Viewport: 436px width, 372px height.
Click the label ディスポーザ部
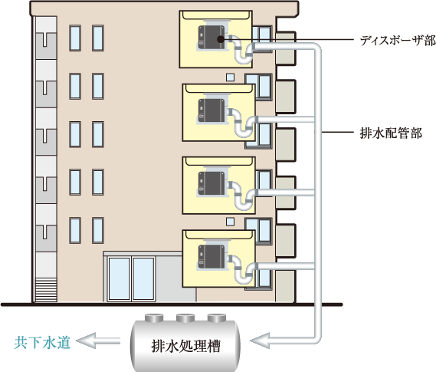click(398, 41)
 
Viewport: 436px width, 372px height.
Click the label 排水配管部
click(391, 133)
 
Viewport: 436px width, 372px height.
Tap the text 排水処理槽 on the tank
click(185, 347)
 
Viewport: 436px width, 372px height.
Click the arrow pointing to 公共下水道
click(98, 341)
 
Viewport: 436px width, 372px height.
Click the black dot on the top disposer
click(220, 40)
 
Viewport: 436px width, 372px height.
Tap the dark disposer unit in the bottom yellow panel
click(211, 256)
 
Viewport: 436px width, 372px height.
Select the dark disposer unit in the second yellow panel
click(211, 110)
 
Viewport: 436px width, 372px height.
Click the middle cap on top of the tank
click(185, 318)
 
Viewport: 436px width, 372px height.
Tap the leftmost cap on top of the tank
click(154, 318)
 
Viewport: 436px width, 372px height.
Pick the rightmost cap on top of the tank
click(217, 318)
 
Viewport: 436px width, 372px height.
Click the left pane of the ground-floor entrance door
click(120, 279)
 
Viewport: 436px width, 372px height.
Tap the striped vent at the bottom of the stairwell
click(46, 290)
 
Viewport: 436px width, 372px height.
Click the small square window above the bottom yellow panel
click(230, 222)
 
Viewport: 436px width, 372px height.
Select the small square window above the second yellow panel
click(230, 77)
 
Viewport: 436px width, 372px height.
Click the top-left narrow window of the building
click(75, 38)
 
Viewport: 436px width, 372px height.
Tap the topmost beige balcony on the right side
click(285, 48)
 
